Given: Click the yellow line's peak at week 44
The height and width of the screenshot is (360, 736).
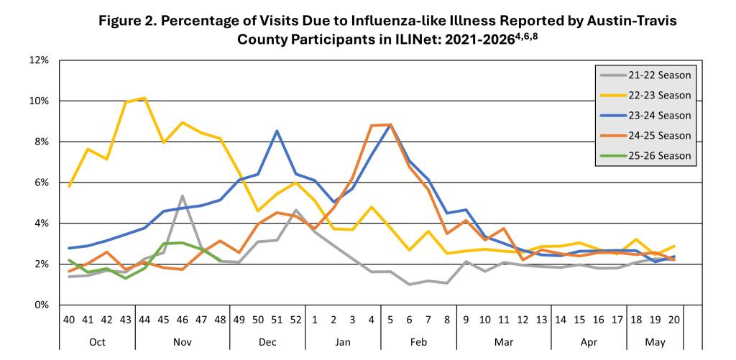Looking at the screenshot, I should pyautogui.click(x=144, y=98).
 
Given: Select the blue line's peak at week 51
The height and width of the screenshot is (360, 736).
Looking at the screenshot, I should pyautogui.click(x=277, y=131).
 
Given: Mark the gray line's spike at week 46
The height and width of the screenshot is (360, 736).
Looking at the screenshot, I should pyautogui.click(x=183, y=195).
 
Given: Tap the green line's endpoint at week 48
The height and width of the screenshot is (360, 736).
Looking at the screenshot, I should pyautogui.click(x=220, y=261).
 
